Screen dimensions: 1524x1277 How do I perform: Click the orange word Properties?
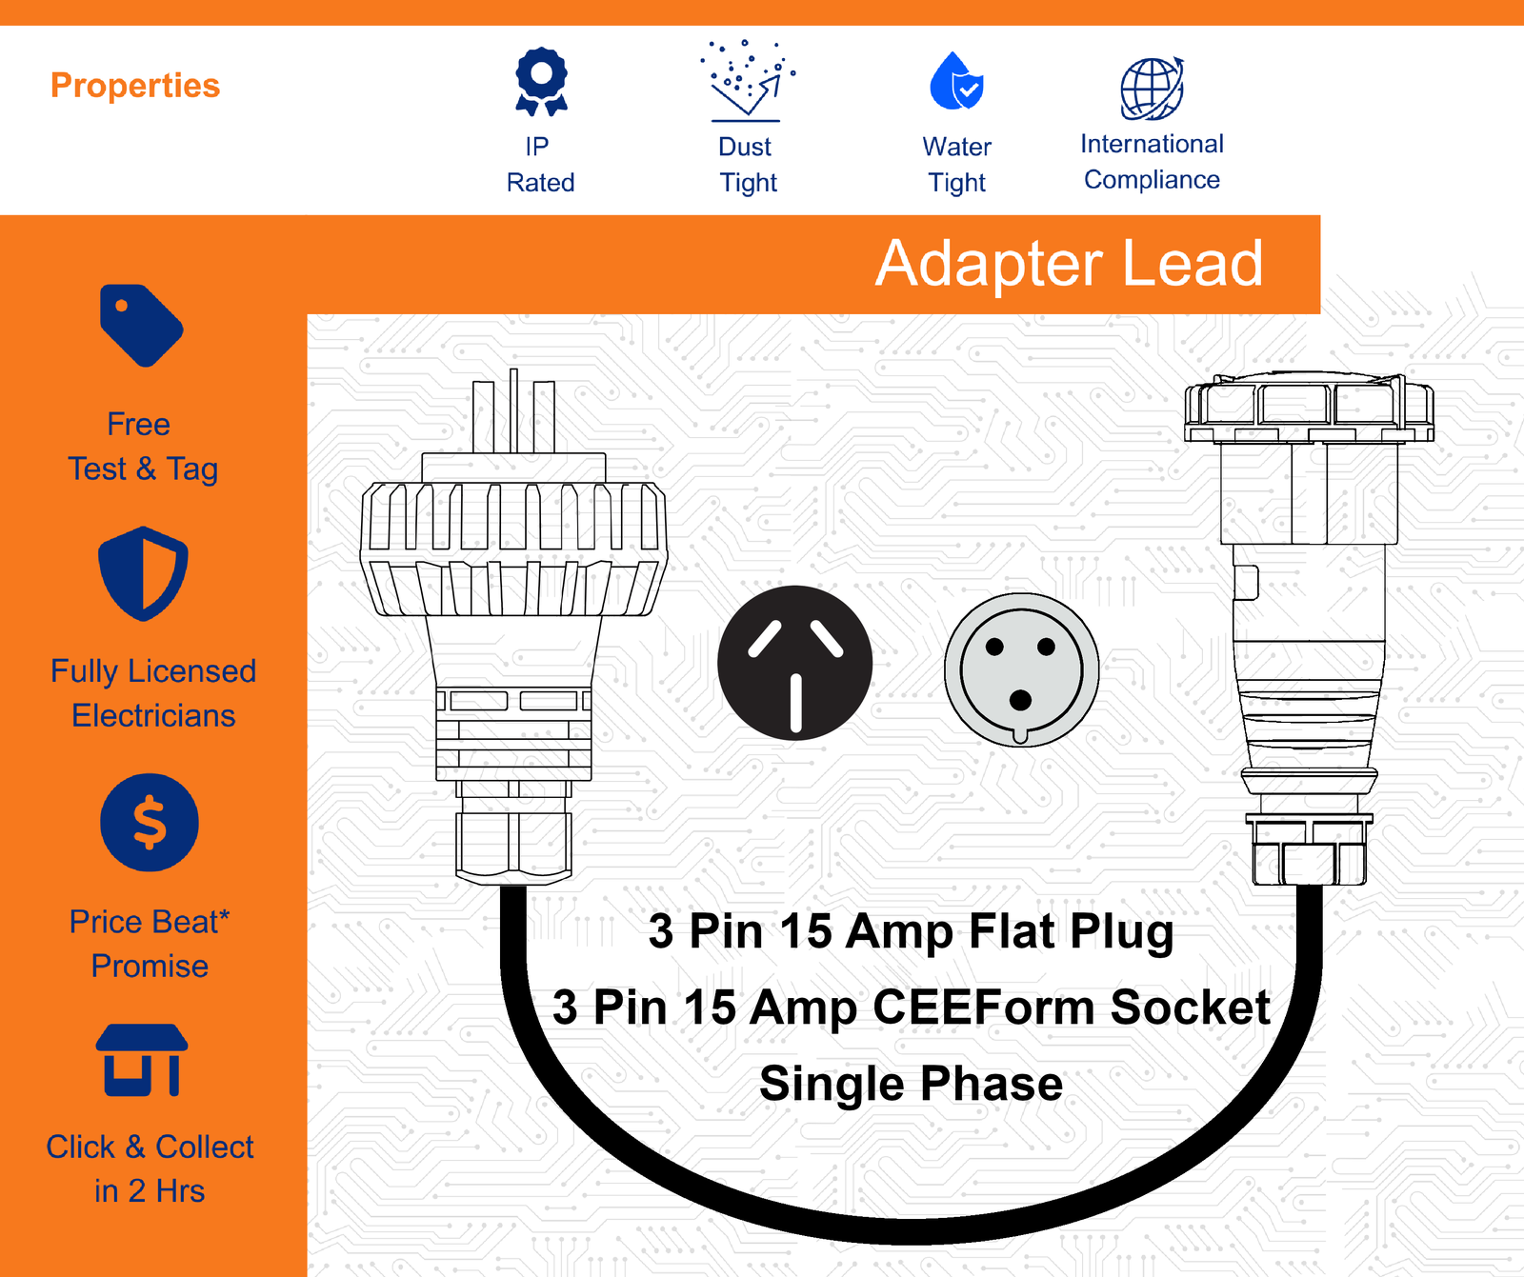(x=135, y=86)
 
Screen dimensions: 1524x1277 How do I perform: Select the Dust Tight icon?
(x=748, y=81)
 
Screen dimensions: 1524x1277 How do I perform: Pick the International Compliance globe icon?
(x=1153, y=89)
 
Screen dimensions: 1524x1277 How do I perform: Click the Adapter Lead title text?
(x=1070, y=263)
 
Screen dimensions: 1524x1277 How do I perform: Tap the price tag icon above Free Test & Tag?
(x=141, y=325)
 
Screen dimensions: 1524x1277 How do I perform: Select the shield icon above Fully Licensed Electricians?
(x=143, y=573)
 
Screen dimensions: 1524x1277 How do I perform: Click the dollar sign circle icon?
(x=150, y=822)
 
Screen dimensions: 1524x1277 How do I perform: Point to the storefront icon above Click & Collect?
(x=142, y=1060)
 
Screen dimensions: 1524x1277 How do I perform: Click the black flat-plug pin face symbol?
(x=795, y=663)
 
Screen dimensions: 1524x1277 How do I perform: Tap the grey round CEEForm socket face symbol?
(x=1021, y=669)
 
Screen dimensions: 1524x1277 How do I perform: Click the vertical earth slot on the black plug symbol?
(x=795, y=703)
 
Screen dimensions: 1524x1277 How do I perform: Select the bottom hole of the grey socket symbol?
(x=1020, y=701)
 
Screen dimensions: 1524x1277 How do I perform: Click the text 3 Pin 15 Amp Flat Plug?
(x=911, y=932)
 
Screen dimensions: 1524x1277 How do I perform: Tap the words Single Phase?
(x=911, y=1084)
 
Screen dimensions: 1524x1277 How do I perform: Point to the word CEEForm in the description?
(x=984, y=1008)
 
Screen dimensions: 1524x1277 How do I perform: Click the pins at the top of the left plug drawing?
(x=513, y=410)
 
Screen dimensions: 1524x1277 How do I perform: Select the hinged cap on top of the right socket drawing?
(x=1309, y=408)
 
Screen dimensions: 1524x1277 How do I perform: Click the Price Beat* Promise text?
(x=150, y=944)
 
